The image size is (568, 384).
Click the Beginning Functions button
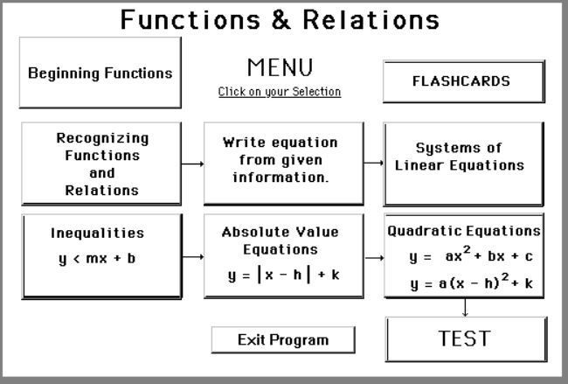pos(100,73)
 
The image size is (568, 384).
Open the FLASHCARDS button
pos(461,81)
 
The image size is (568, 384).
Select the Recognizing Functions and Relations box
pos(102,164)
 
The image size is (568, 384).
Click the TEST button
pos(464,339)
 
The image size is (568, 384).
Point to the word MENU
pos(279,67)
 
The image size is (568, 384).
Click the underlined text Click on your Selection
pos(279,92)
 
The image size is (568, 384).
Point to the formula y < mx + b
pos(97,259)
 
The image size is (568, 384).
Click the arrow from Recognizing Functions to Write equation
pos(193,164)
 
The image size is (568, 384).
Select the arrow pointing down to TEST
pos(464,308)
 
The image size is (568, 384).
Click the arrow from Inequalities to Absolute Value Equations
pos(193,257)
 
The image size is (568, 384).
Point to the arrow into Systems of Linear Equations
pos(374,163)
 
